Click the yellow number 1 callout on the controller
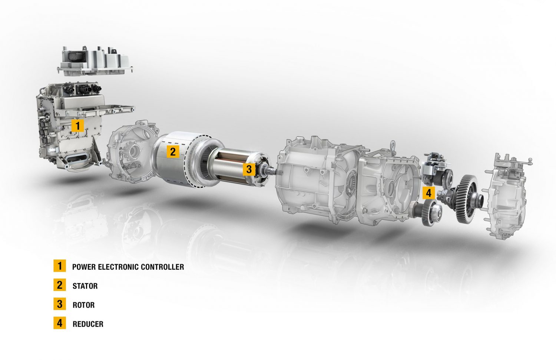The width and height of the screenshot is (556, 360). coord(77,126)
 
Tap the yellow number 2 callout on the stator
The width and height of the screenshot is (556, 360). coord(173,151)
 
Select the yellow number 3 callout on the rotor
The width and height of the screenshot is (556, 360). coord(249,169)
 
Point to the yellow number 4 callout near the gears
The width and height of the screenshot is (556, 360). coord(429,193)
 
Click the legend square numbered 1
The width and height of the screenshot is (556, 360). coord(60,266)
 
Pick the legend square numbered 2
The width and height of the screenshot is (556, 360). coord(60,285)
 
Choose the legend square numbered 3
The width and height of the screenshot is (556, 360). coord(60,304)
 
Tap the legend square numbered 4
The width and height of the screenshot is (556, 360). coord(60,323)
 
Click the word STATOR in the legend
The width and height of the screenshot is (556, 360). coord(85,286)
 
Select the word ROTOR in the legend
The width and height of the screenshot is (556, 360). coord(84,305)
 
